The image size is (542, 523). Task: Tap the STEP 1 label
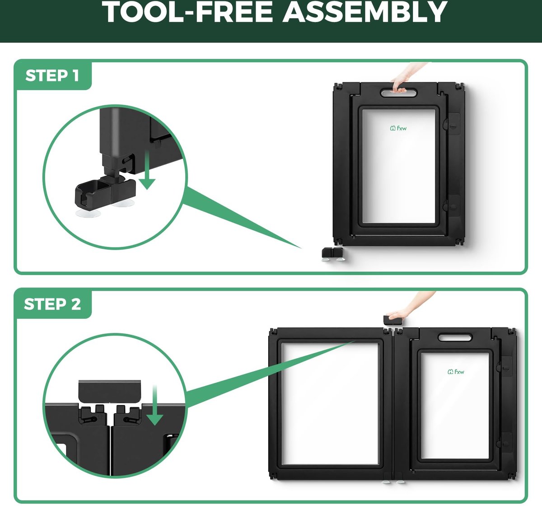52,75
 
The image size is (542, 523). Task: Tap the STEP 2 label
52,304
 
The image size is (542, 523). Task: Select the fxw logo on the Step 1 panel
398,128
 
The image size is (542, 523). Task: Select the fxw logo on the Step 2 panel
456,372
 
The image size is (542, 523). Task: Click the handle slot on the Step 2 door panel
455,337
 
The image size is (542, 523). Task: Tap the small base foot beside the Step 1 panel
333,254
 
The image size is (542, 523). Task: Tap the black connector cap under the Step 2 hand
392,320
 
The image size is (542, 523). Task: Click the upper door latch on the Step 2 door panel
505,366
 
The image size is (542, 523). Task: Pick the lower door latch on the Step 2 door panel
505,443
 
